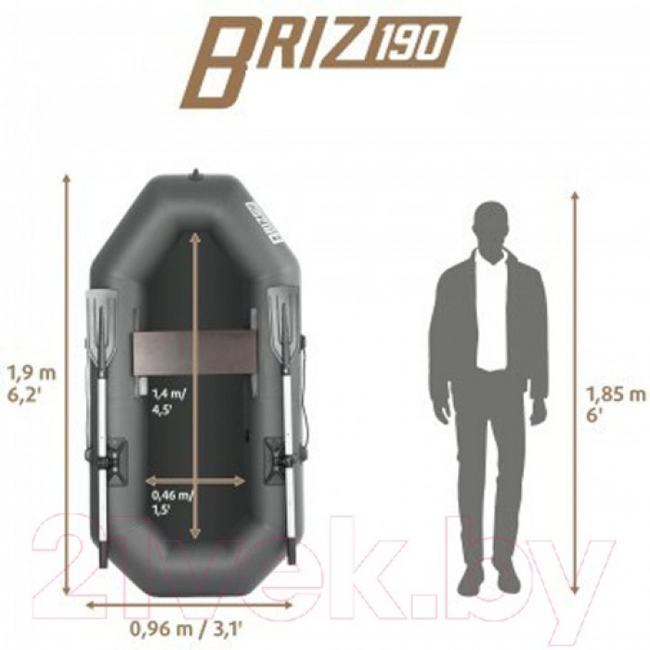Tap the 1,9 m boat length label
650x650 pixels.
point(31,373)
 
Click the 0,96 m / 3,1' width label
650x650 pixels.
point(186,630)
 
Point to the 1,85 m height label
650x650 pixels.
point(616,395)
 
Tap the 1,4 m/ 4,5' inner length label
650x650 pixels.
point(169,402)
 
